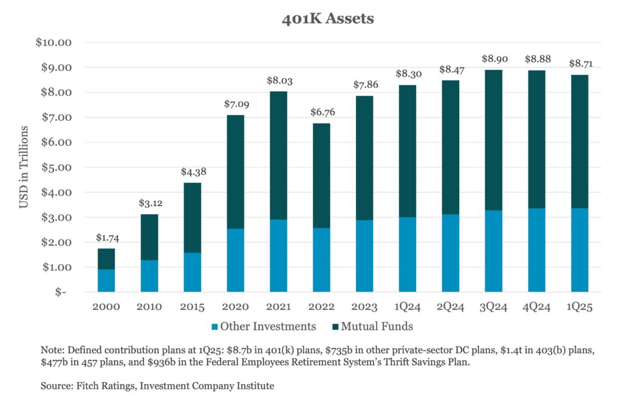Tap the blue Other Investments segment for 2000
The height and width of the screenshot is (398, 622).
pos(106,280)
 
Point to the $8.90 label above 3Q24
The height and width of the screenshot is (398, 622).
pos(493,59)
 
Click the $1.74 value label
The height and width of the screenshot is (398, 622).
pos(106,238)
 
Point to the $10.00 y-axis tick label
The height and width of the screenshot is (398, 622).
pos(55,43)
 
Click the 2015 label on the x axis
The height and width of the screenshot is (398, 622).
pos(192,307)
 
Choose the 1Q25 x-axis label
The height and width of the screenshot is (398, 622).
pos(579,307)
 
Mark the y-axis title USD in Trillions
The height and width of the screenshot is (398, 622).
pos(24,167)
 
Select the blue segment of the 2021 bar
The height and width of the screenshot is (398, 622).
pos(278,255)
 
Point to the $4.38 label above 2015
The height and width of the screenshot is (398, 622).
pos(193,172)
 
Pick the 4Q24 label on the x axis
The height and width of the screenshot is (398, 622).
pos(536,307)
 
